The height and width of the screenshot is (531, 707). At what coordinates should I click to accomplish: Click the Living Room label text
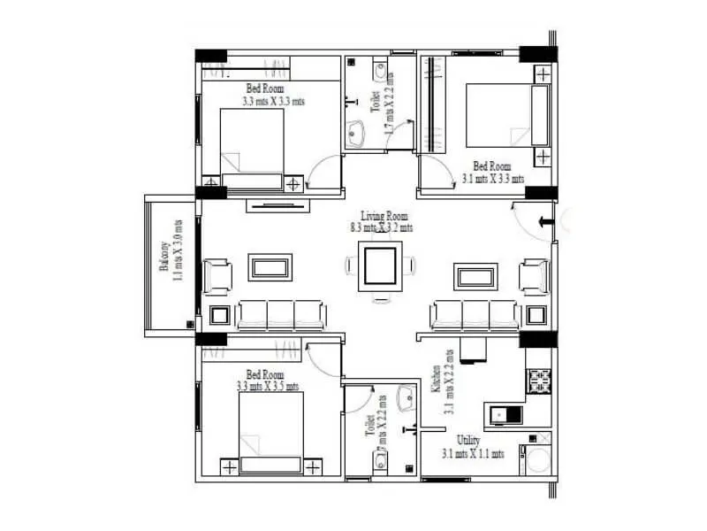[384, 216]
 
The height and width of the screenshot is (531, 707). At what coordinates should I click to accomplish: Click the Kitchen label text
[436, 379]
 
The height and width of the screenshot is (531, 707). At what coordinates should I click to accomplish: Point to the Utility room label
[468, 441]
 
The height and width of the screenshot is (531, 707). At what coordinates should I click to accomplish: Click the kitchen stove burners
[538, 381]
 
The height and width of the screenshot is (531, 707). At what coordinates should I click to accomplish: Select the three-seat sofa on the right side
[475, 313]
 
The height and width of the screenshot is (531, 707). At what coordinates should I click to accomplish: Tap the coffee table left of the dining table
[270, 267]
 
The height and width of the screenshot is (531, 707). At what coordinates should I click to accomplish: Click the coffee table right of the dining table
[475, 275]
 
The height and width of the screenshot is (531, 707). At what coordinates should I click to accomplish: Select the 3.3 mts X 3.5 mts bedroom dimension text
[268, 386]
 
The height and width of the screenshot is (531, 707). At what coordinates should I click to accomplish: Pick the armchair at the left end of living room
[217, 274]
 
